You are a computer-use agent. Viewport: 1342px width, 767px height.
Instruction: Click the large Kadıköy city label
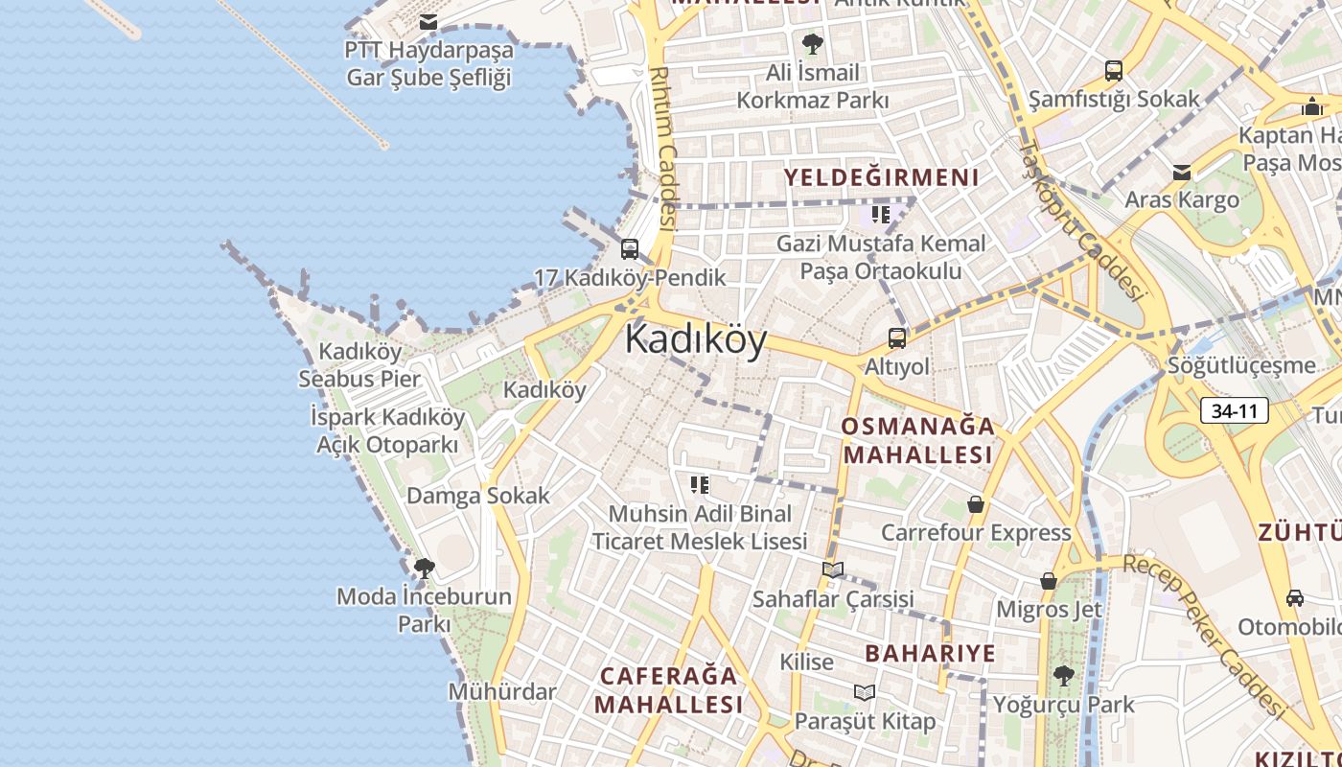point(696,340)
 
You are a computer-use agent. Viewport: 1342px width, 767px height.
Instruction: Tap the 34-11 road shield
point(1234,411)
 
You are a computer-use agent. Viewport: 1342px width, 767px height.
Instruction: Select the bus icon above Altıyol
point(896,337)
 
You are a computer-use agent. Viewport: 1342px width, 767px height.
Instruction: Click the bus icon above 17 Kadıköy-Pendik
point(630,249)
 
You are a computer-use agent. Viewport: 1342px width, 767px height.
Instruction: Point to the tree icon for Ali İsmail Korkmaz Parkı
point(813,43)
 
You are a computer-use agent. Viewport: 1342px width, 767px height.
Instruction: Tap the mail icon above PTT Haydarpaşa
point(428,21)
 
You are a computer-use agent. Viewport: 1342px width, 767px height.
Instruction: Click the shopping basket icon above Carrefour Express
point(976,504)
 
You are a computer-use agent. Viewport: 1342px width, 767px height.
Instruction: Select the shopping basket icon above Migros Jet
point(1049,581)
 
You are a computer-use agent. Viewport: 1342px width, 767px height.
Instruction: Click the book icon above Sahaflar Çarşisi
point(833,570)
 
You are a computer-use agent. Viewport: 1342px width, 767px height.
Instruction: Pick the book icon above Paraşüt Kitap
point(865,692)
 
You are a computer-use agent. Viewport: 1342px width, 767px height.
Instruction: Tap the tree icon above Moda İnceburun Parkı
point(424,569)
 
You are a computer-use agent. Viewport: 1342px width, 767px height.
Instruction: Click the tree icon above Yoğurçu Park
point(1063,676)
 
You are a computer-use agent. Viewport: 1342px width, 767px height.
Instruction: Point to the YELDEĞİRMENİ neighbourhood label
point(882,177)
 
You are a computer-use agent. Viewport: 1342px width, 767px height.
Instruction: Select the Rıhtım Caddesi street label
point(663,149)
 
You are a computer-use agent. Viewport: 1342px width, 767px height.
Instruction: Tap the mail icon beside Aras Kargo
point(1182,173)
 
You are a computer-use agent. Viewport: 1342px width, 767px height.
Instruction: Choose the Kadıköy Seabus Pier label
point(359,365)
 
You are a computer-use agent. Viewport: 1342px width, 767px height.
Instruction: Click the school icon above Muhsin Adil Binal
point(700,485)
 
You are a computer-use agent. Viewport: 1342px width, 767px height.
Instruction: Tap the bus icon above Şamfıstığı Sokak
point(1113,70)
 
